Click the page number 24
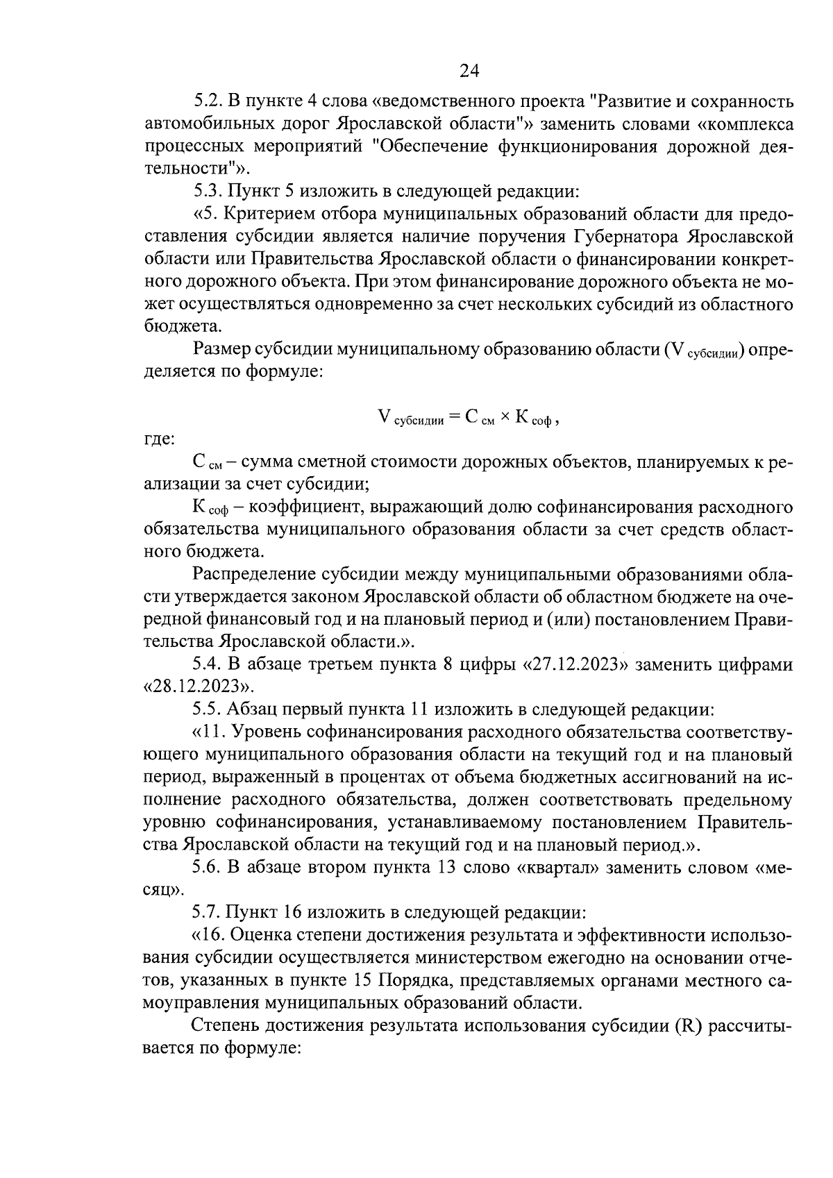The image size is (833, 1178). pos(469,71)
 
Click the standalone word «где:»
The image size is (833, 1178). pos(159,439)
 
